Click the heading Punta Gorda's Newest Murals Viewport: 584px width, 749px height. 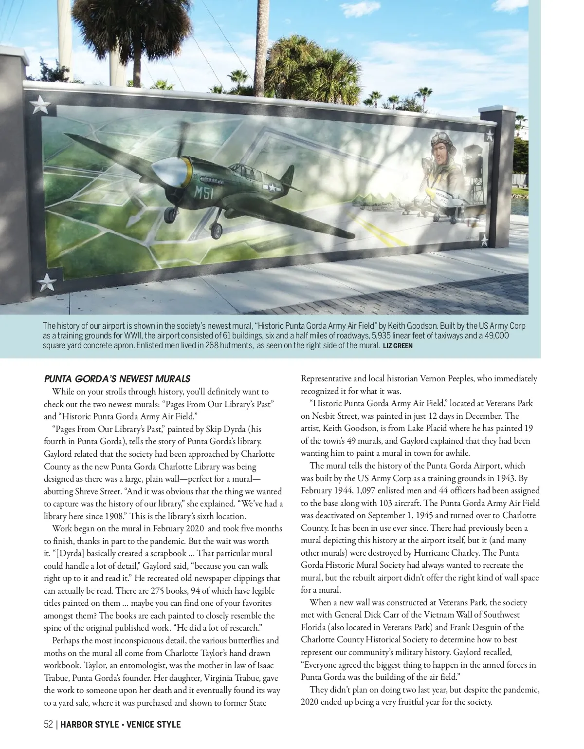(x=117, y=379)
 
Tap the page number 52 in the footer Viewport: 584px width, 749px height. (x=48, y=725)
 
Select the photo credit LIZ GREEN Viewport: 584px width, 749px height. (x=398, y=346)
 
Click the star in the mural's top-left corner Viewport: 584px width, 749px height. (x=39, y=104)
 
